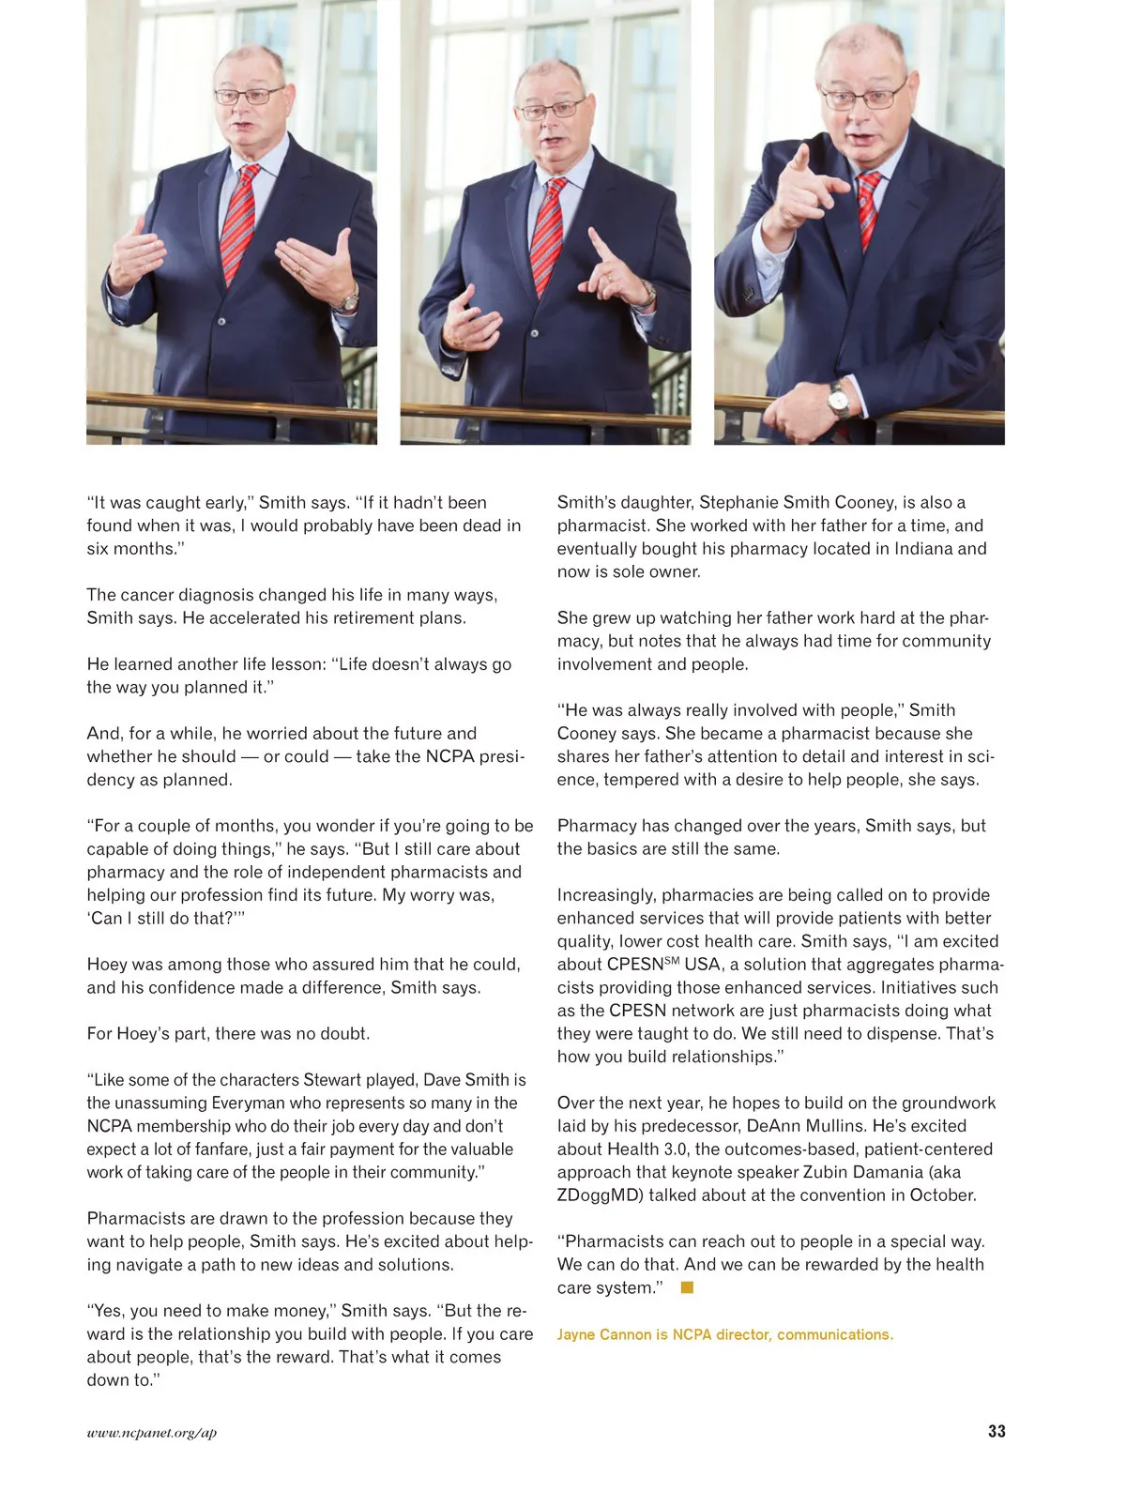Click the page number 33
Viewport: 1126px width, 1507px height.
pos(997,1431)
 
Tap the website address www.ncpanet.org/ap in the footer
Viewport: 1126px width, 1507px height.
pos(152,1432)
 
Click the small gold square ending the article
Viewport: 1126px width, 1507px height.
pos(687,1287)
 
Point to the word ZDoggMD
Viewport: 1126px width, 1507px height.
pos(600,1195)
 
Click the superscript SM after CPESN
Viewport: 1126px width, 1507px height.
pos(672,961)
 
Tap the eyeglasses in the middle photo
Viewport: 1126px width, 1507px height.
pos(552,109)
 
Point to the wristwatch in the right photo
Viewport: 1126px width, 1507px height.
pos(839,402)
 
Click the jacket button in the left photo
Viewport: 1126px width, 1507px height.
pos(222,321)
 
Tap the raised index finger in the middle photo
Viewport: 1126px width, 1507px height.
pos(597,245)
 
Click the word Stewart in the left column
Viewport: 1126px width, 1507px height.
pos(333,1079)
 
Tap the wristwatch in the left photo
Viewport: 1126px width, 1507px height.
pos(349,301)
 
